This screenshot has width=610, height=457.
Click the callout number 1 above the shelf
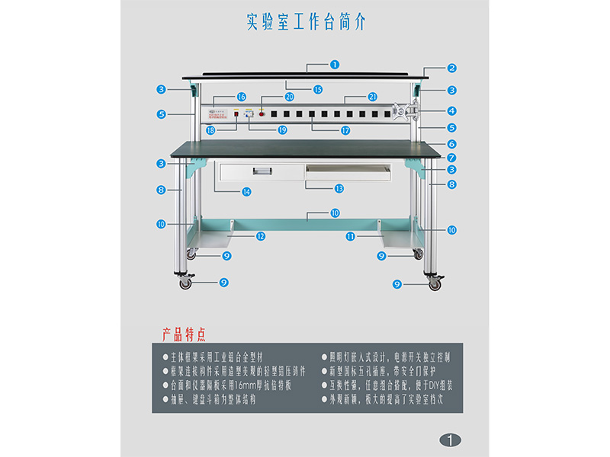(335, 65)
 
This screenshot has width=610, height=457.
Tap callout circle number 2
(451, 68)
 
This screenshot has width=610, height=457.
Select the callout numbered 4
(451, 110)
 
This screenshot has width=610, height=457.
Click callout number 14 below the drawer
(246, 192)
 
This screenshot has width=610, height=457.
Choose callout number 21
(372, 97)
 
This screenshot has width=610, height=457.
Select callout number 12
(261, 236)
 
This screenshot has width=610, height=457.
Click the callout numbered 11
(350, 236)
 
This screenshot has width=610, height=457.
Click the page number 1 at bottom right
(451, 439)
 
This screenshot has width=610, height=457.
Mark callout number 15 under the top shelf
(317, 89)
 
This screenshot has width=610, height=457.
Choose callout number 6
(451, 144)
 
